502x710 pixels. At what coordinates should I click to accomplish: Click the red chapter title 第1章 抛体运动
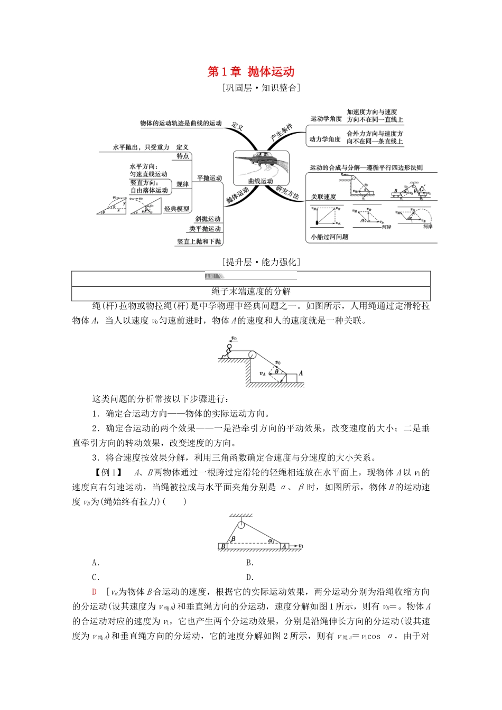coord(250,72)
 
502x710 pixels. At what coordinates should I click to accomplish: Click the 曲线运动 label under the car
coord(261,181)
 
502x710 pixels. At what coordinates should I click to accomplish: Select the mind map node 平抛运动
coord(210,178)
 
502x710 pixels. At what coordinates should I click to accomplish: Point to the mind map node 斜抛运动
coord(208,219)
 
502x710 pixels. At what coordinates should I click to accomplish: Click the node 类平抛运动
coord(205,229)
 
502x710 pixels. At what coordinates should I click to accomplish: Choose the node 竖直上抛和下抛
coord(199,241)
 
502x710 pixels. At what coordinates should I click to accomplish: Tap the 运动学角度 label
coord(326,119)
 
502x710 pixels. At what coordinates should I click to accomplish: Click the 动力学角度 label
coord(325,139)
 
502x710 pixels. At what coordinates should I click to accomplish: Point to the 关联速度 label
coord(323,197)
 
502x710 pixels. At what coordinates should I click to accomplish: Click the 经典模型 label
coord(176,209)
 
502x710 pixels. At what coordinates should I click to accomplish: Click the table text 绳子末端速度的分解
coord(251,292)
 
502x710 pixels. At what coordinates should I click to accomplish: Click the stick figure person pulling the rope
coord(228,351)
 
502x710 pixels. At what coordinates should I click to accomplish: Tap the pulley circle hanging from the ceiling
coord(241,525)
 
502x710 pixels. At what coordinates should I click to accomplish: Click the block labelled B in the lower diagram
coord(223,546)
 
